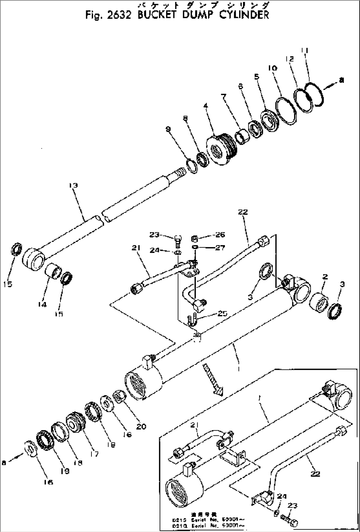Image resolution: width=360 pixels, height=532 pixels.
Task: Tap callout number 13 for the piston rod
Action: tap(73, 185)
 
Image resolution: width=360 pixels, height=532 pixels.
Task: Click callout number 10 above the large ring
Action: tap(273, 68)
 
